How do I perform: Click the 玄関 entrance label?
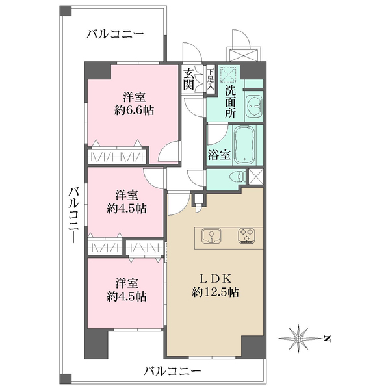[188, 79]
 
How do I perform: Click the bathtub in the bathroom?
[245, 145]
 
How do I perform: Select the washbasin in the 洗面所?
[254, 104]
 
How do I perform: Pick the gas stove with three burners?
[247, 236]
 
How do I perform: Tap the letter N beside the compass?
[328, 339]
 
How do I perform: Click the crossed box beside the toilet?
[256, 175]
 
